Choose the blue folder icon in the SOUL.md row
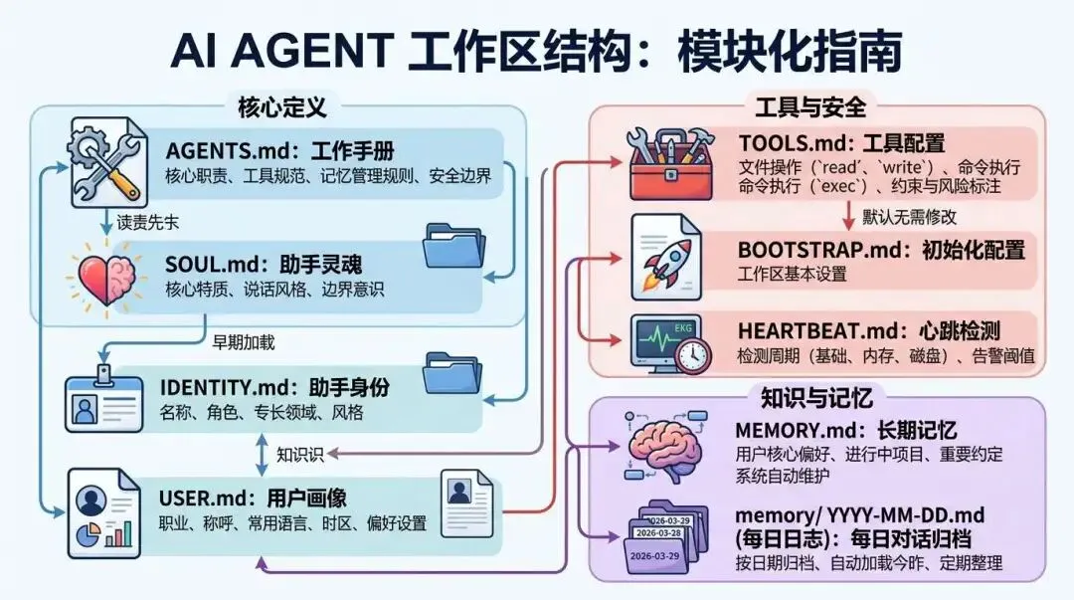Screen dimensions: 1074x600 coord(456,246)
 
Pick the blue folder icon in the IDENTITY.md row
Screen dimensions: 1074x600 coord(456,374)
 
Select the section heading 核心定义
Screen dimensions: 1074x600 coord(282,105)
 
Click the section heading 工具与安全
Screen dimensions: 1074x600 coord(810,105)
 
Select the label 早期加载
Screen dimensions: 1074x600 coord(244,342)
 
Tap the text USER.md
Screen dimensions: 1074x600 coord(198,498)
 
